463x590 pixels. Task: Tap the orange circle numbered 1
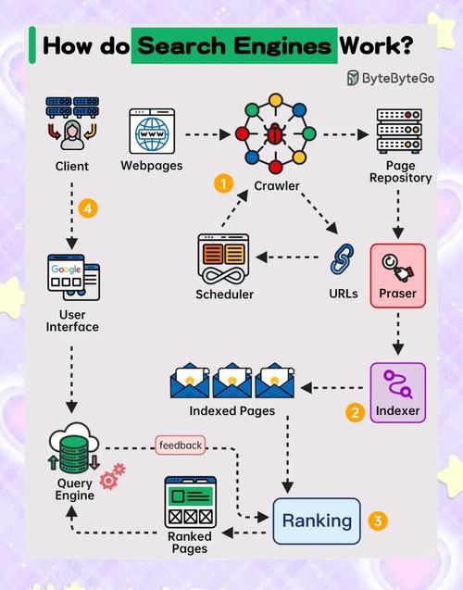[222, 183]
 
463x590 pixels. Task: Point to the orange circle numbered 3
[377, 521]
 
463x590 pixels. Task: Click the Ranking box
[317, 521]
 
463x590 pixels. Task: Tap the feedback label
[180, 446]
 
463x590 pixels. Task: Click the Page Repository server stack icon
[399, 133]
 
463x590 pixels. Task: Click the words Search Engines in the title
[233, 45]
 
